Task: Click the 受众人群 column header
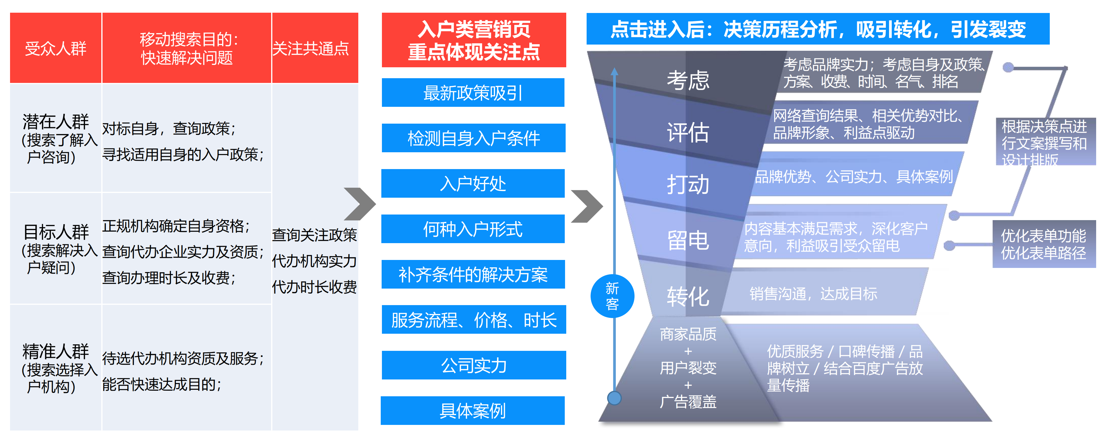[x=56, y=48]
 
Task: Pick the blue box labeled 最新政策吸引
[x=473, y=93]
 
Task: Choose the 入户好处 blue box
[x=473, y=183]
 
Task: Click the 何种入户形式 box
[x=473, y=229]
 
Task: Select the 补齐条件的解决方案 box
[x=473, y=274]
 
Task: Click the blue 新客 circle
[x=612, y=296]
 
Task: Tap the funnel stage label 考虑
[x=688, y=80]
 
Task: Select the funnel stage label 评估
[x=688, y=132]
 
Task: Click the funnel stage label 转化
[x=688, y=297]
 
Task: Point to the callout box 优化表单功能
[x=1044, y=244]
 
